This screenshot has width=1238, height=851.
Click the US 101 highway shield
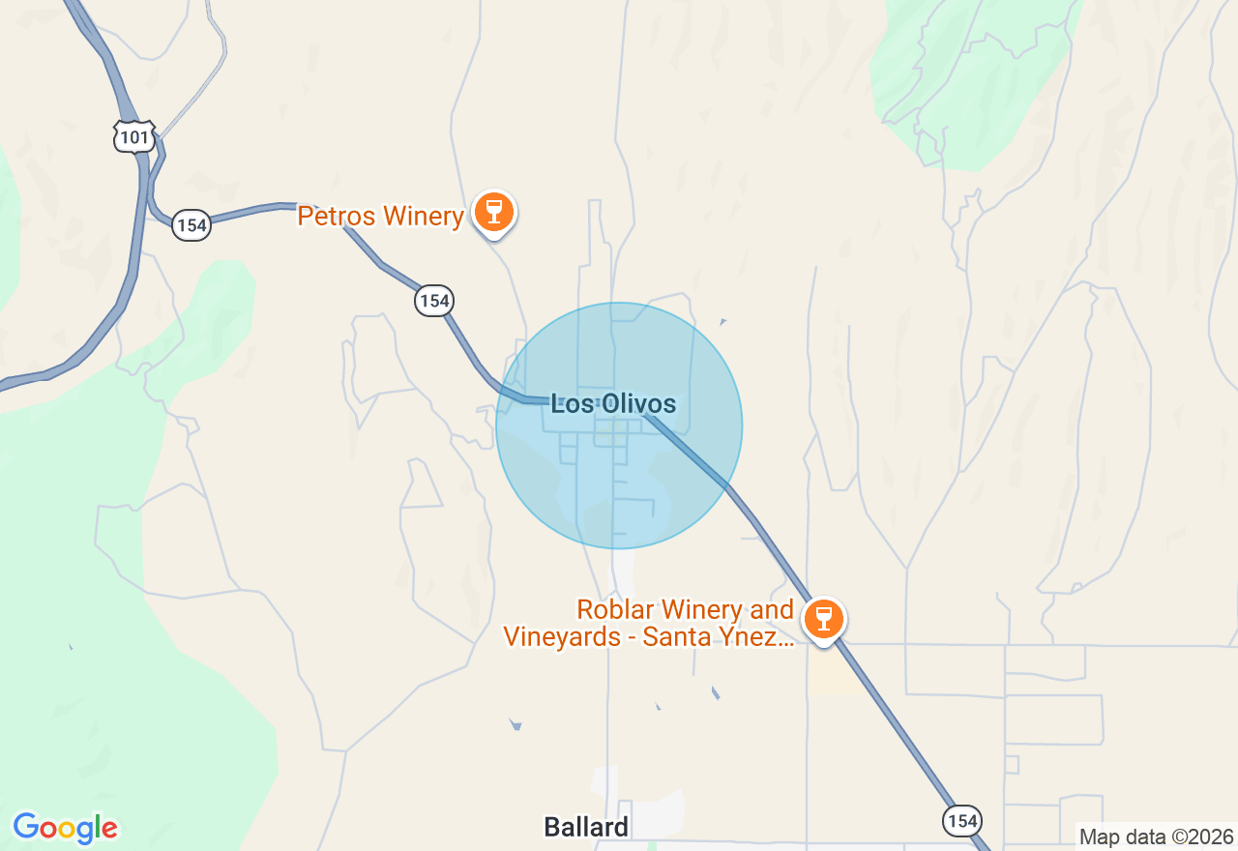[133, 137]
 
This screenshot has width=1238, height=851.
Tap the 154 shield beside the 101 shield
[192, 226]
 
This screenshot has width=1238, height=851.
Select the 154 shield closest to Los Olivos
[434, 301]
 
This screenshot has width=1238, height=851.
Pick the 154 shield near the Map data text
[962, 821]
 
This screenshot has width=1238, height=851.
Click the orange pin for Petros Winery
[494, 212]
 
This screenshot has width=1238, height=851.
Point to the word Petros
[336, 216]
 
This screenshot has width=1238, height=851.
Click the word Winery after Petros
[423, 216]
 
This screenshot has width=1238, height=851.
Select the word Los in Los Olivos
[571, 404]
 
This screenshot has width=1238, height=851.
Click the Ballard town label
[586, 828]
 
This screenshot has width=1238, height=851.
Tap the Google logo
[65, 829]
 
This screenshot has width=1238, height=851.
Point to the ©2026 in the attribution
[1202, 837]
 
